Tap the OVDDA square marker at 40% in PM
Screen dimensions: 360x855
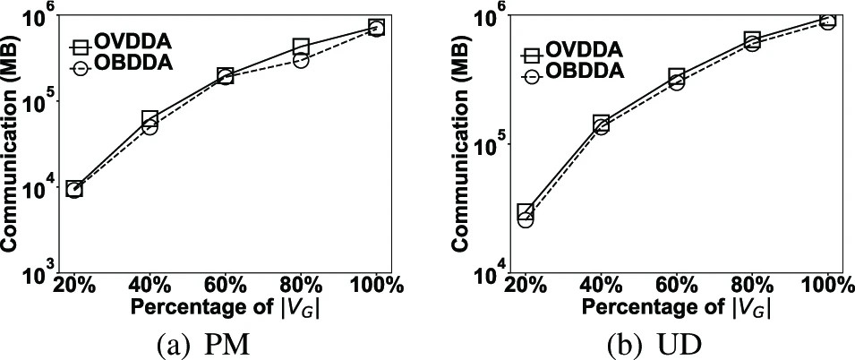(150, 118)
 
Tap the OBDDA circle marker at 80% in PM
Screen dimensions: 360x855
(301, 60)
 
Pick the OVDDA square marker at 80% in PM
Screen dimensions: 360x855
(301, 47)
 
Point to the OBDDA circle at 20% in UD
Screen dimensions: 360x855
(526, 219)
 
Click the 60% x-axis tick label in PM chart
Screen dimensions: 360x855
(225, 286)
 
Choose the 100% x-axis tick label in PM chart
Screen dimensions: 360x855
(376, 286)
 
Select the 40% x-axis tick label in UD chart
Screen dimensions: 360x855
(601, 286)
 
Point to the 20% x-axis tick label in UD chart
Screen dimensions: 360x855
(526, 286)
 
